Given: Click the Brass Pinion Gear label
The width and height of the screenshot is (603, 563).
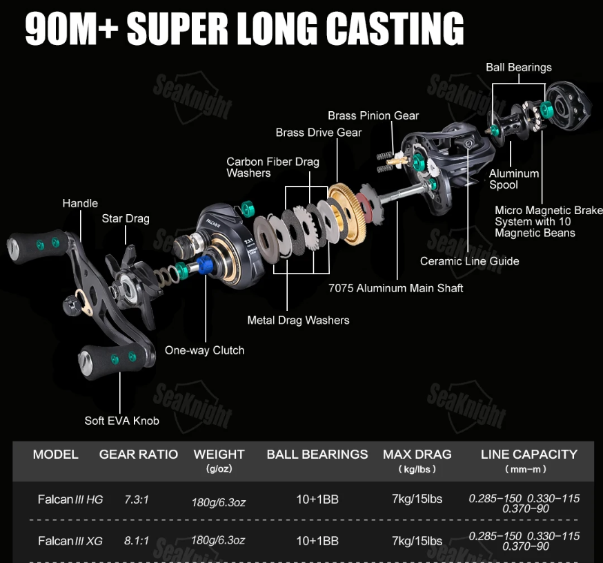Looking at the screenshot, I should pyautogui.click(x=373, y=115).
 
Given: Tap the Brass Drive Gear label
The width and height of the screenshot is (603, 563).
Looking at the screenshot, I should pyautogui.click(x=319, y=132).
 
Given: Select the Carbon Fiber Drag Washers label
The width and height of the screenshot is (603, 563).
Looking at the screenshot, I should pyautogui.click(x=273, y=167).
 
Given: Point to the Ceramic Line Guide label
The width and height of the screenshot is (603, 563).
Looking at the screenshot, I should pyautogui.click(x=469, y=261).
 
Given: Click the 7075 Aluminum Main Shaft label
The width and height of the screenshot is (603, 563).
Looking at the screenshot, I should pyautogui.click(x=396, y=288).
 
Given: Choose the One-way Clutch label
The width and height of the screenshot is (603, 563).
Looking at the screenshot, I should pyautogui.click(x=204, y=350).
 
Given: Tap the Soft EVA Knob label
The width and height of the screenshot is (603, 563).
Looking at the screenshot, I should pyautogui.click(x=121, y=421).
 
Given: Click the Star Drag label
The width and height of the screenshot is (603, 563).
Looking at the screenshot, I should pyautogui.click(x=126, y=219).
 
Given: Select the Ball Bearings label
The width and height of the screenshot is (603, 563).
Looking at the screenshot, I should pyautogui.click(x=518, y=67).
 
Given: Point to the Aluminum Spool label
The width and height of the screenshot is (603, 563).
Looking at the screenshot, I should pyautogui.click(x=514, y=179).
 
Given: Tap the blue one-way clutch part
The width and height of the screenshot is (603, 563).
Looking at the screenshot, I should pyautogui.click(x=205, y=263).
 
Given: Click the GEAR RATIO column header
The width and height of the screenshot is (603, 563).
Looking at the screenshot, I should pyautogui.click(x=139, y=455).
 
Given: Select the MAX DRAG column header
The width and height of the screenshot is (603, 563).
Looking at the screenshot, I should pyautogui.click(x=417, y=455).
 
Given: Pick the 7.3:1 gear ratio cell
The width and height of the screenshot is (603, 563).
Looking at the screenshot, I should pyautogui.click(x=137, y=499).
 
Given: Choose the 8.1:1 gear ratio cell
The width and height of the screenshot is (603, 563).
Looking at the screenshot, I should pyautogui.click(x=137, y=541).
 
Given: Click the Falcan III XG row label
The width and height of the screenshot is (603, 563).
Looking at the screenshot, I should pyautogui.click(x=70, y=541).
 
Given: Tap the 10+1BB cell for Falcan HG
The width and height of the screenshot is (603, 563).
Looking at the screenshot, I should pyautogui.click(x=317, y=499).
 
